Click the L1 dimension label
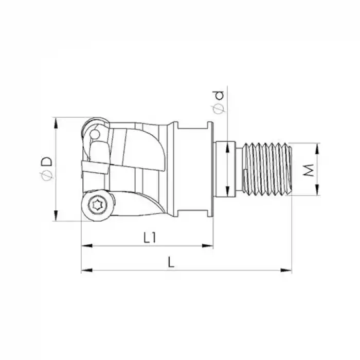coord(150,237)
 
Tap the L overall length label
coord(172,262)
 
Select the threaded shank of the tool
coord(267,169)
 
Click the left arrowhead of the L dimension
coord(84,270)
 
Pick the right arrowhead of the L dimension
coord(289,270)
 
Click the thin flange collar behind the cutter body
coord(210,169)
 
